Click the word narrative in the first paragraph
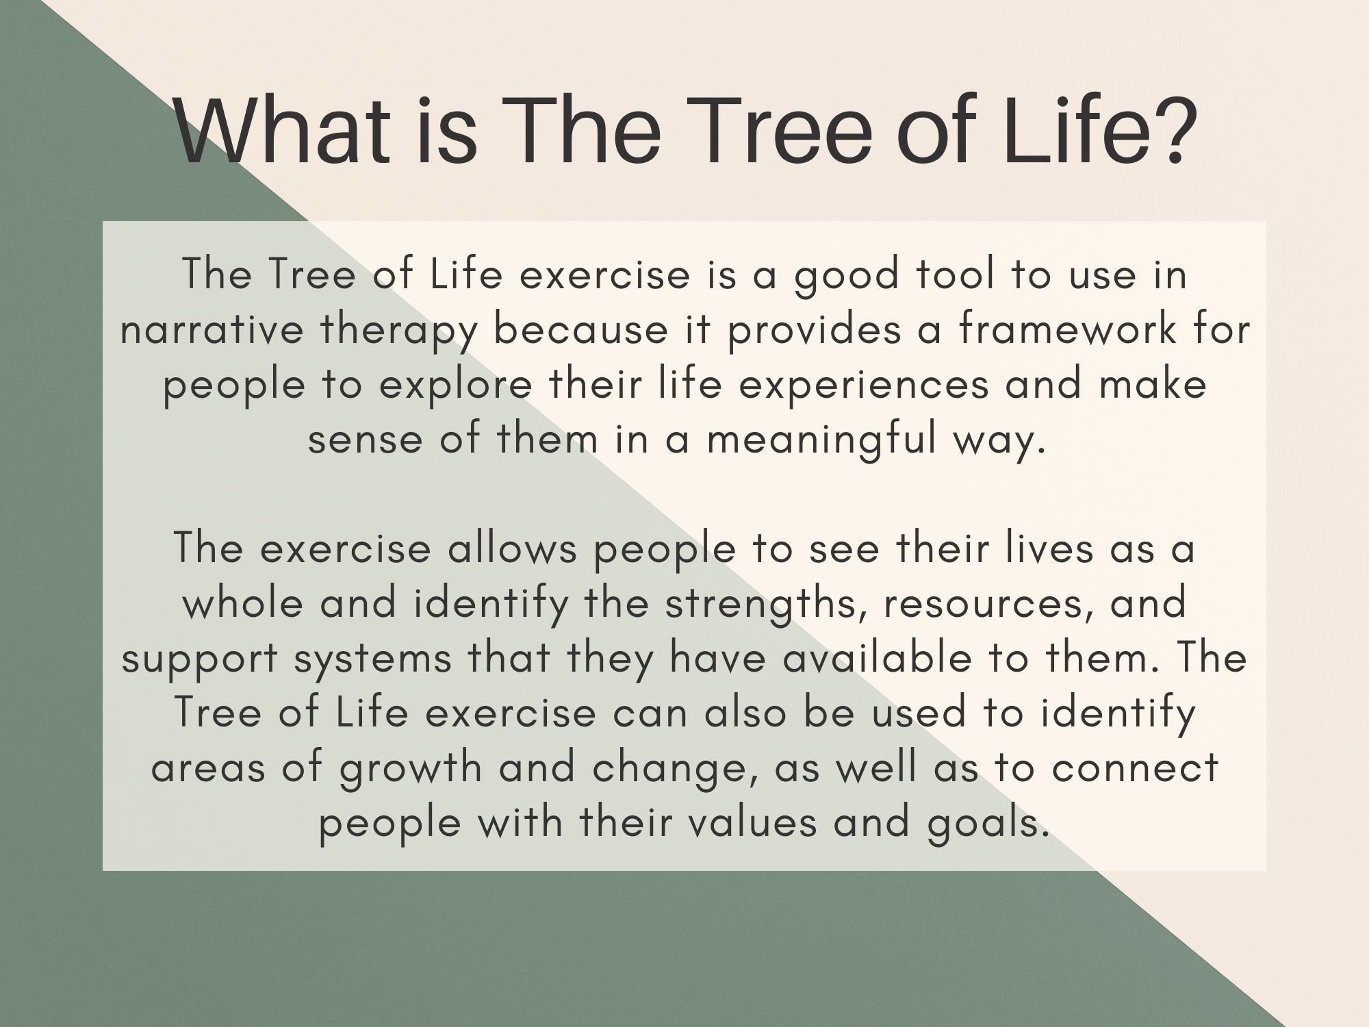(212, 329)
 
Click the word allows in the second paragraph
(513, 548)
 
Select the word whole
(243, 603)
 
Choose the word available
(878, 658)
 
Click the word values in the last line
(752, 822)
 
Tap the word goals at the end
(988, 824)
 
